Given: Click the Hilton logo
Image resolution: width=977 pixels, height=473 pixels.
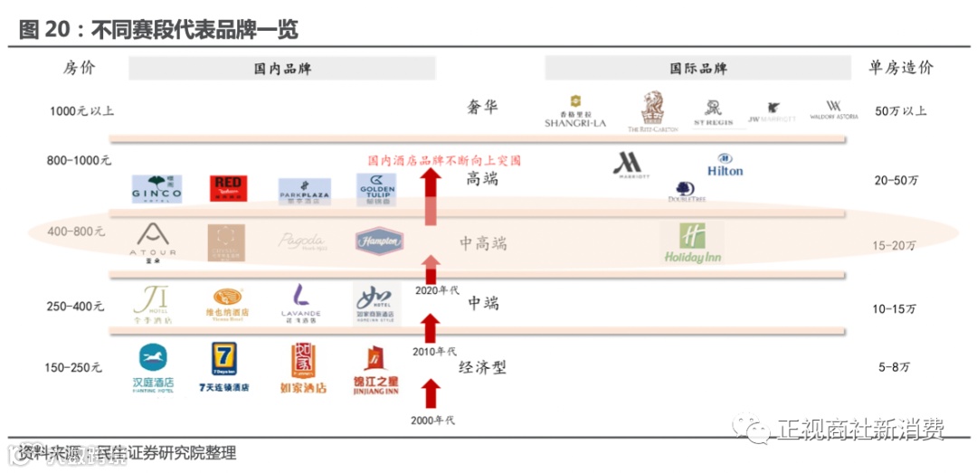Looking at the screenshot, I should point(725,166).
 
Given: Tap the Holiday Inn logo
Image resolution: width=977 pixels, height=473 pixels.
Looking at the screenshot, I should point(692,243).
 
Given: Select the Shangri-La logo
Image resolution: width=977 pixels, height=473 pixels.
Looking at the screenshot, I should point(574,110).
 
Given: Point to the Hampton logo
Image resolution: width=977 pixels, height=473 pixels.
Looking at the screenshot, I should point(379,241).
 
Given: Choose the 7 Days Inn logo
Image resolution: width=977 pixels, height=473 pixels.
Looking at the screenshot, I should point(223,365).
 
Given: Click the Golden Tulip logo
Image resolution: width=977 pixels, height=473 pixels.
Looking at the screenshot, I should point(375,189).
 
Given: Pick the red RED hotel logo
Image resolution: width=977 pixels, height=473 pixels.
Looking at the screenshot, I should point(226,189).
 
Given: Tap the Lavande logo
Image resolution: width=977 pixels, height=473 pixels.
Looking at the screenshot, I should point(301,304).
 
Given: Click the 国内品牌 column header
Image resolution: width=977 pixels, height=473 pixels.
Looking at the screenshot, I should point(281,69).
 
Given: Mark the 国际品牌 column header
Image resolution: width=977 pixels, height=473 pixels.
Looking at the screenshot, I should point(697,69).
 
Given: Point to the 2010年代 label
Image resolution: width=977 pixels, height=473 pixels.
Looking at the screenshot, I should point(434,351).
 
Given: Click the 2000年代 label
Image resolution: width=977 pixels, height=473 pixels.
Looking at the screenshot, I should point(432,420).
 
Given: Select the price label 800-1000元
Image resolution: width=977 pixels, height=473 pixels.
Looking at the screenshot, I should point(79,160).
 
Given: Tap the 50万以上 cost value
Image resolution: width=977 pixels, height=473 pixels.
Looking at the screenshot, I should point(900,111).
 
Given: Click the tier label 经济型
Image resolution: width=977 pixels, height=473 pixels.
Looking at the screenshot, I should point(482,367).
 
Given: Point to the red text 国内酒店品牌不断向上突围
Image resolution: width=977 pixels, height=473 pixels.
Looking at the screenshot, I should point(444,160).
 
